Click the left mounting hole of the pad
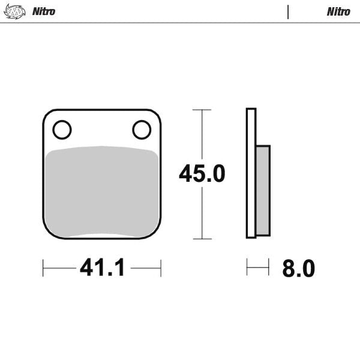(x=62, y=129)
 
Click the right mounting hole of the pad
(x=142, y=129)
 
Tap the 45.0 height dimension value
(x=202, y=174)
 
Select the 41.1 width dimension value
(x=102, y=268)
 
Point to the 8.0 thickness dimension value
(x=298, y=269)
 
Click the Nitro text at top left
(x=43, y=11)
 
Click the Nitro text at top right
(x=338, y=11)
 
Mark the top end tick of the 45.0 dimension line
(x=202, y=110)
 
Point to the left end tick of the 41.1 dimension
(x=43, y=268)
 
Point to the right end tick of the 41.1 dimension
(x=161, y=268)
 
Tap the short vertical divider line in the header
(x=289, y=12)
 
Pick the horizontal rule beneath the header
(x=180, y=23)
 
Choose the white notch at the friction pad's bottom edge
(x=102, y=235)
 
